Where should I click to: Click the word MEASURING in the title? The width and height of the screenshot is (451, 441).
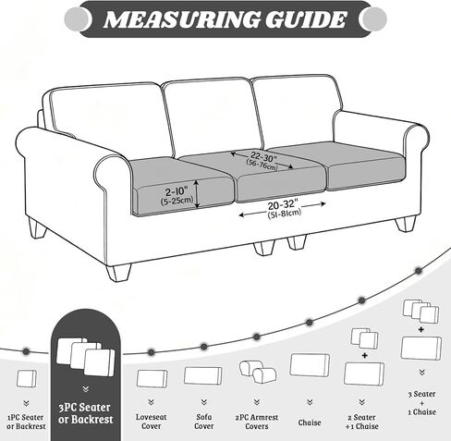(x=182, y=19)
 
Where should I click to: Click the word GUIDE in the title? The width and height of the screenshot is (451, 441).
(x=306, y=19)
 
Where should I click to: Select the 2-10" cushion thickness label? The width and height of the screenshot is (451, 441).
(x=177, y=191)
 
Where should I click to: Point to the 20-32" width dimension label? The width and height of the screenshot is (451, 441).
(x=283, y=204)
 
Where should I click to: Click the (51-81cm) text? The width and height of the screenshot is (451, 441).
(x=284, y=214)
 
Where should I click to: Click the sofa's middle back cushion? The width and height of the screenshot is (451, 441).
(x=213, y=117)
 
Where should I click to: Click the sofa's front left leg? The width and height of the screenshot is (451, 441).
(x=118, y=273)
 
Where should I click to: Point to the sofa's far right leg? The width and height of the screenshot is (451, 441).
(x=406, y=224)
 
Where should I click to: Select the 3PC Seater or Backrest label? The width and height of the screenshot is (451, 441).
(x=85, y=413)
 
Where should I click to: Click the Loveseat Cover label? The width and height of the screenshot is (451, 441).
(x=151, y=422)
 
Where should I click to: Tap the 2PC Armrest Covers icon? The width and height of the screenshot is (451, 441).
(x=258, y=372)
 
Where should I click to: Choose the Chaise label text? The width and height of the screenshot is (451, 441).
(x=310, y=423)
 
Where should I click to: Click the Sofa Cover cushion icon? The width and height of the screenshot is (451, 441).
(x=203, y=375)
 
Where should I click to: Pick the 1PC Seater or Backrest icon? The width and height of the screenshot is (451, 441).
(x=26, y=379)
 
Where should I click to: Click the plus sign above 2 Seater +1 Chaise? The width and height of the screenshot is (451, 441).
(x=365, y=356)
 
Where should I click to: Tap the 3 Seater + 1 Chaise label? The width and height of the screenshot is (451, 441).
(x=421, y=403)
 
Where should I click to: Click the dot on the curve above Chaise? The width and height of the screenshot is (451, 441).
(x=310, y=323)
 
